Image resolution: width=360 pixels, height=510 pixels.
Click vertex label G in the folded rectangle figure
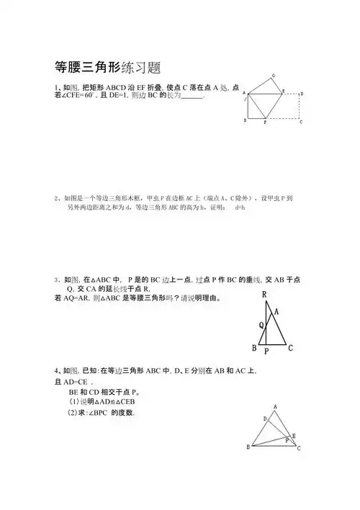(273, 76)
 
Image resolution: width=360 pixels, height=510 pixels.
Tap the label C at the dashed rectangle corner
(301, 122)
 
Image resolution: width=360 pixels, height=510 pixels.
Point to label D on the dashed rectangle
(301, 94)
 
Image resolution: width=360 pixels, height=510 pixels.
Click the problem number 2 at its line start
(55, 197)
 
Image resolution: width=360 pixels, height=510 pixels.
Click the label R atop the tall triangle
(265, 294)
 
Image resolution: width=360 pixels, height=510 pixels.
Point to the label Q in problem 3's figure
(262, 325)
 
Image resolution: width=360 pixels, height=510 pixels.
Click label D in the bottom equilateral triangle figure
(264, 418)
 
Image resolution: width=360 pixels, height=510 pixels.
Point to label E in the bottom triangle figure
(295, 435)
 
